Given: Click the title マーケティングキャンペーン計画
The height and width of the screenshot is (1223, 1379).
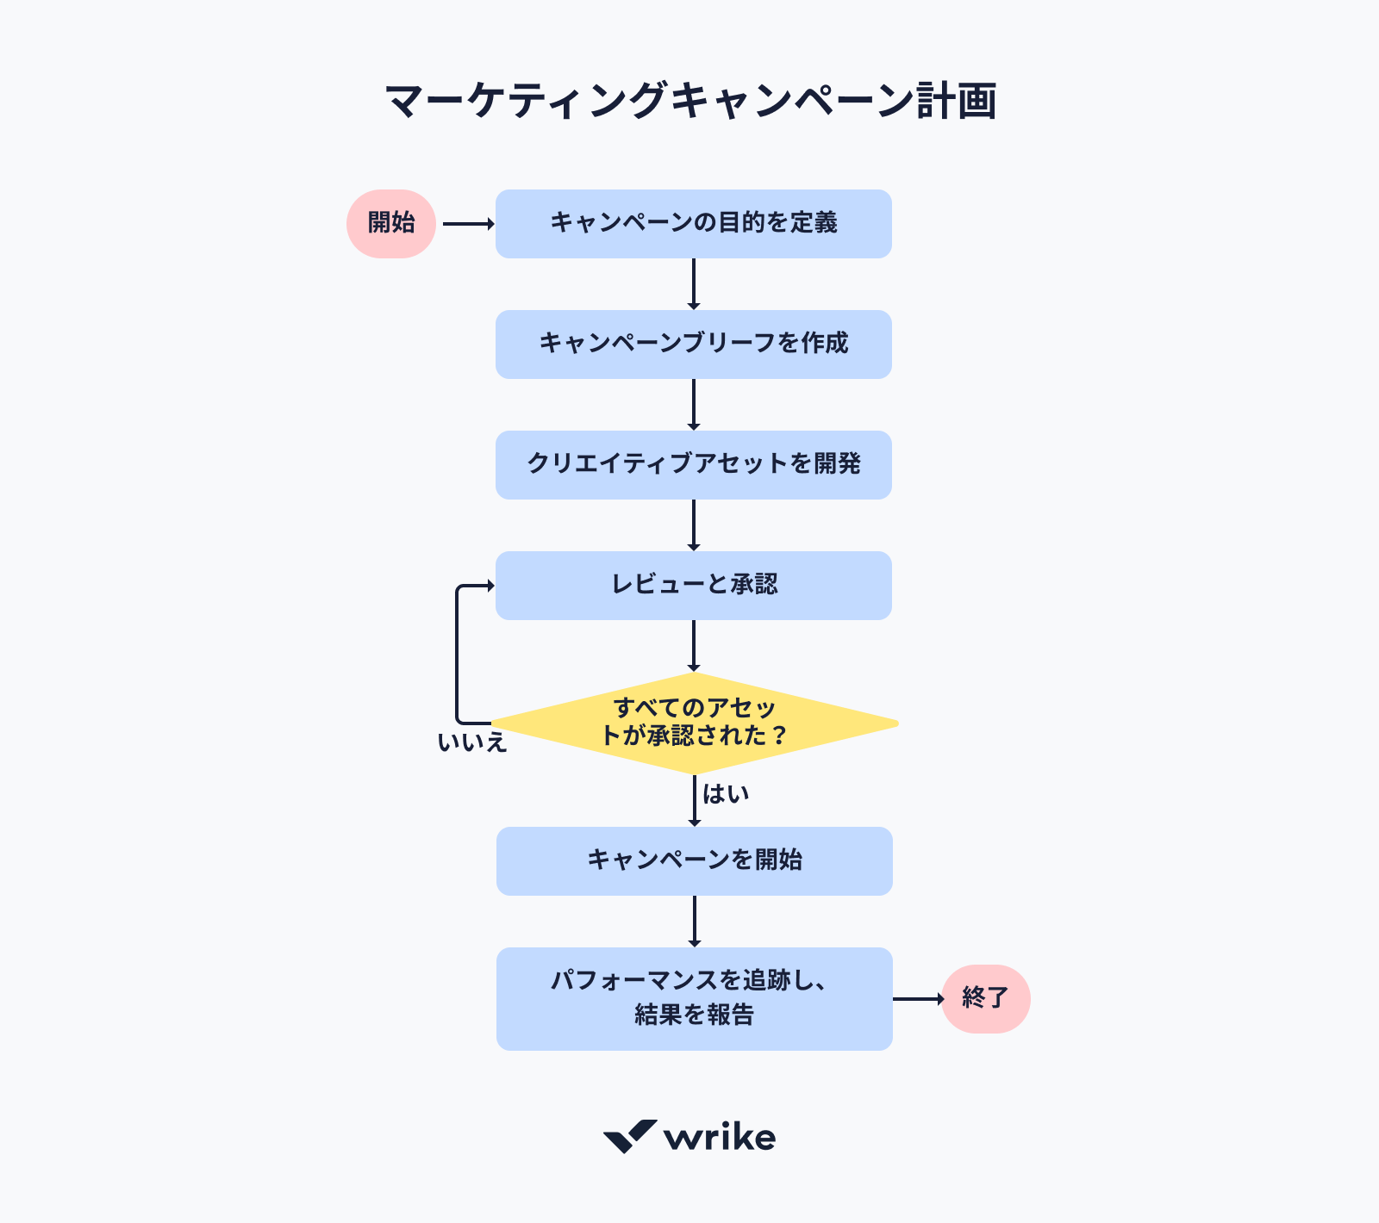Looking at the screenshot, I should click(690, 101).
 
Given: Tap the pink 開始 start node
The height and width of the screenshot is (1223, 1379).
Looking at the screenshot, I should click(391, 224).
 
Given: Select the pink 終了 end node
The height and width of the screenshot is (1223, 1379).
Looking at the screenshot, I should click(985, 999).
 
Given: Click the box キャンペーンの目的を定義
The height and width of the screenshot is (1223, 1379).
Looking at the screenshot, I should click(693, 224).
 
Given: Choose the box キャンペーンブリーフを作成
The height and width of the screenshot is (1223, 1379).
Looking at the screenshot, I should click(693, 345).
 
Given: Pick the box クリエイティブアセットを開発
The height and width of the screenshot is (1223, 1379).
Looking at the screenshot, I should click(693, 465).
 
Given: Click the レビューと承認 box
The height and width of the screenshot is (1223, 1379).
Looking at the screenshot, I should click(693, 586).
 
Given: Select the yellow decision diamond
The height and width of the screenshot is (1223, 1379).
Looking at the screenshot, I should click(694, 723).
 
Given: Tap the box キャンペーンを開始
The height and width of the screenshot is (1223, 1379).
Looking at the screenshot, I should click(694, 861).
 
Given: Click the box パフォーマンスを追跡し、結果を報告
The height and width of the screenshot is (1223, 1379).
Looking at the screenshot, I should click(694, 999).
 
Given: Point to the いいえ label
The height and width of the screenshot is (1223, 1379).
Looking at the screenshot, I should click(471, 742).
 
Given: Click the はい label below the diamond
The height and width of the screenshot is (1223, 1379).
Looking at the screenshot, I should click(726, 794).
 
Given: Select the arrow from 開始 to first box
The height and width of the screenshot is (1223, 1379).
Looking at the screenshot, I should click(467, 224).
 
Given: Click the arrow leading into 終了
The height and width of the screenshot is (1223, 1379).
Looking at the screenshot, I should click(918, 999).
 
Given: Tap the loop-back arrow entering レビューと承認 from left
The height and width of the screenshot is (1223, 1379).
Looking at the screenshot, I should click(458, 655).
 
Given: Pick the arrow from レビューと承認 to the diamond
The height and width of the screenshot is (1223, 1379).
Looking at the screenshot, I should click(694, 646).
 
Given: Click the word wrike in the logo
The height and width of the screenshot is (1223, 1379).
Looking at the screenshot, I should click(720, 1138).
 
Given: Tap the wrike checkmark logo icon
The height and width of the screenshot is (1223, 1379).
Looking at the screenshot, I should click(630, 1136).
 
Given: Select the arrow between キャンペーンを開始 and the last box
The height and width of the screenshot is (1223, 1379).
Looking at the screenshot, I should click(695, 922).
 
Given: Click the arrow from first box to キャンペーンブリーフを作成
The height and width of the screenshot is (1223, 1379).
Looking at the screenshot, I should click(694, 284).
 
